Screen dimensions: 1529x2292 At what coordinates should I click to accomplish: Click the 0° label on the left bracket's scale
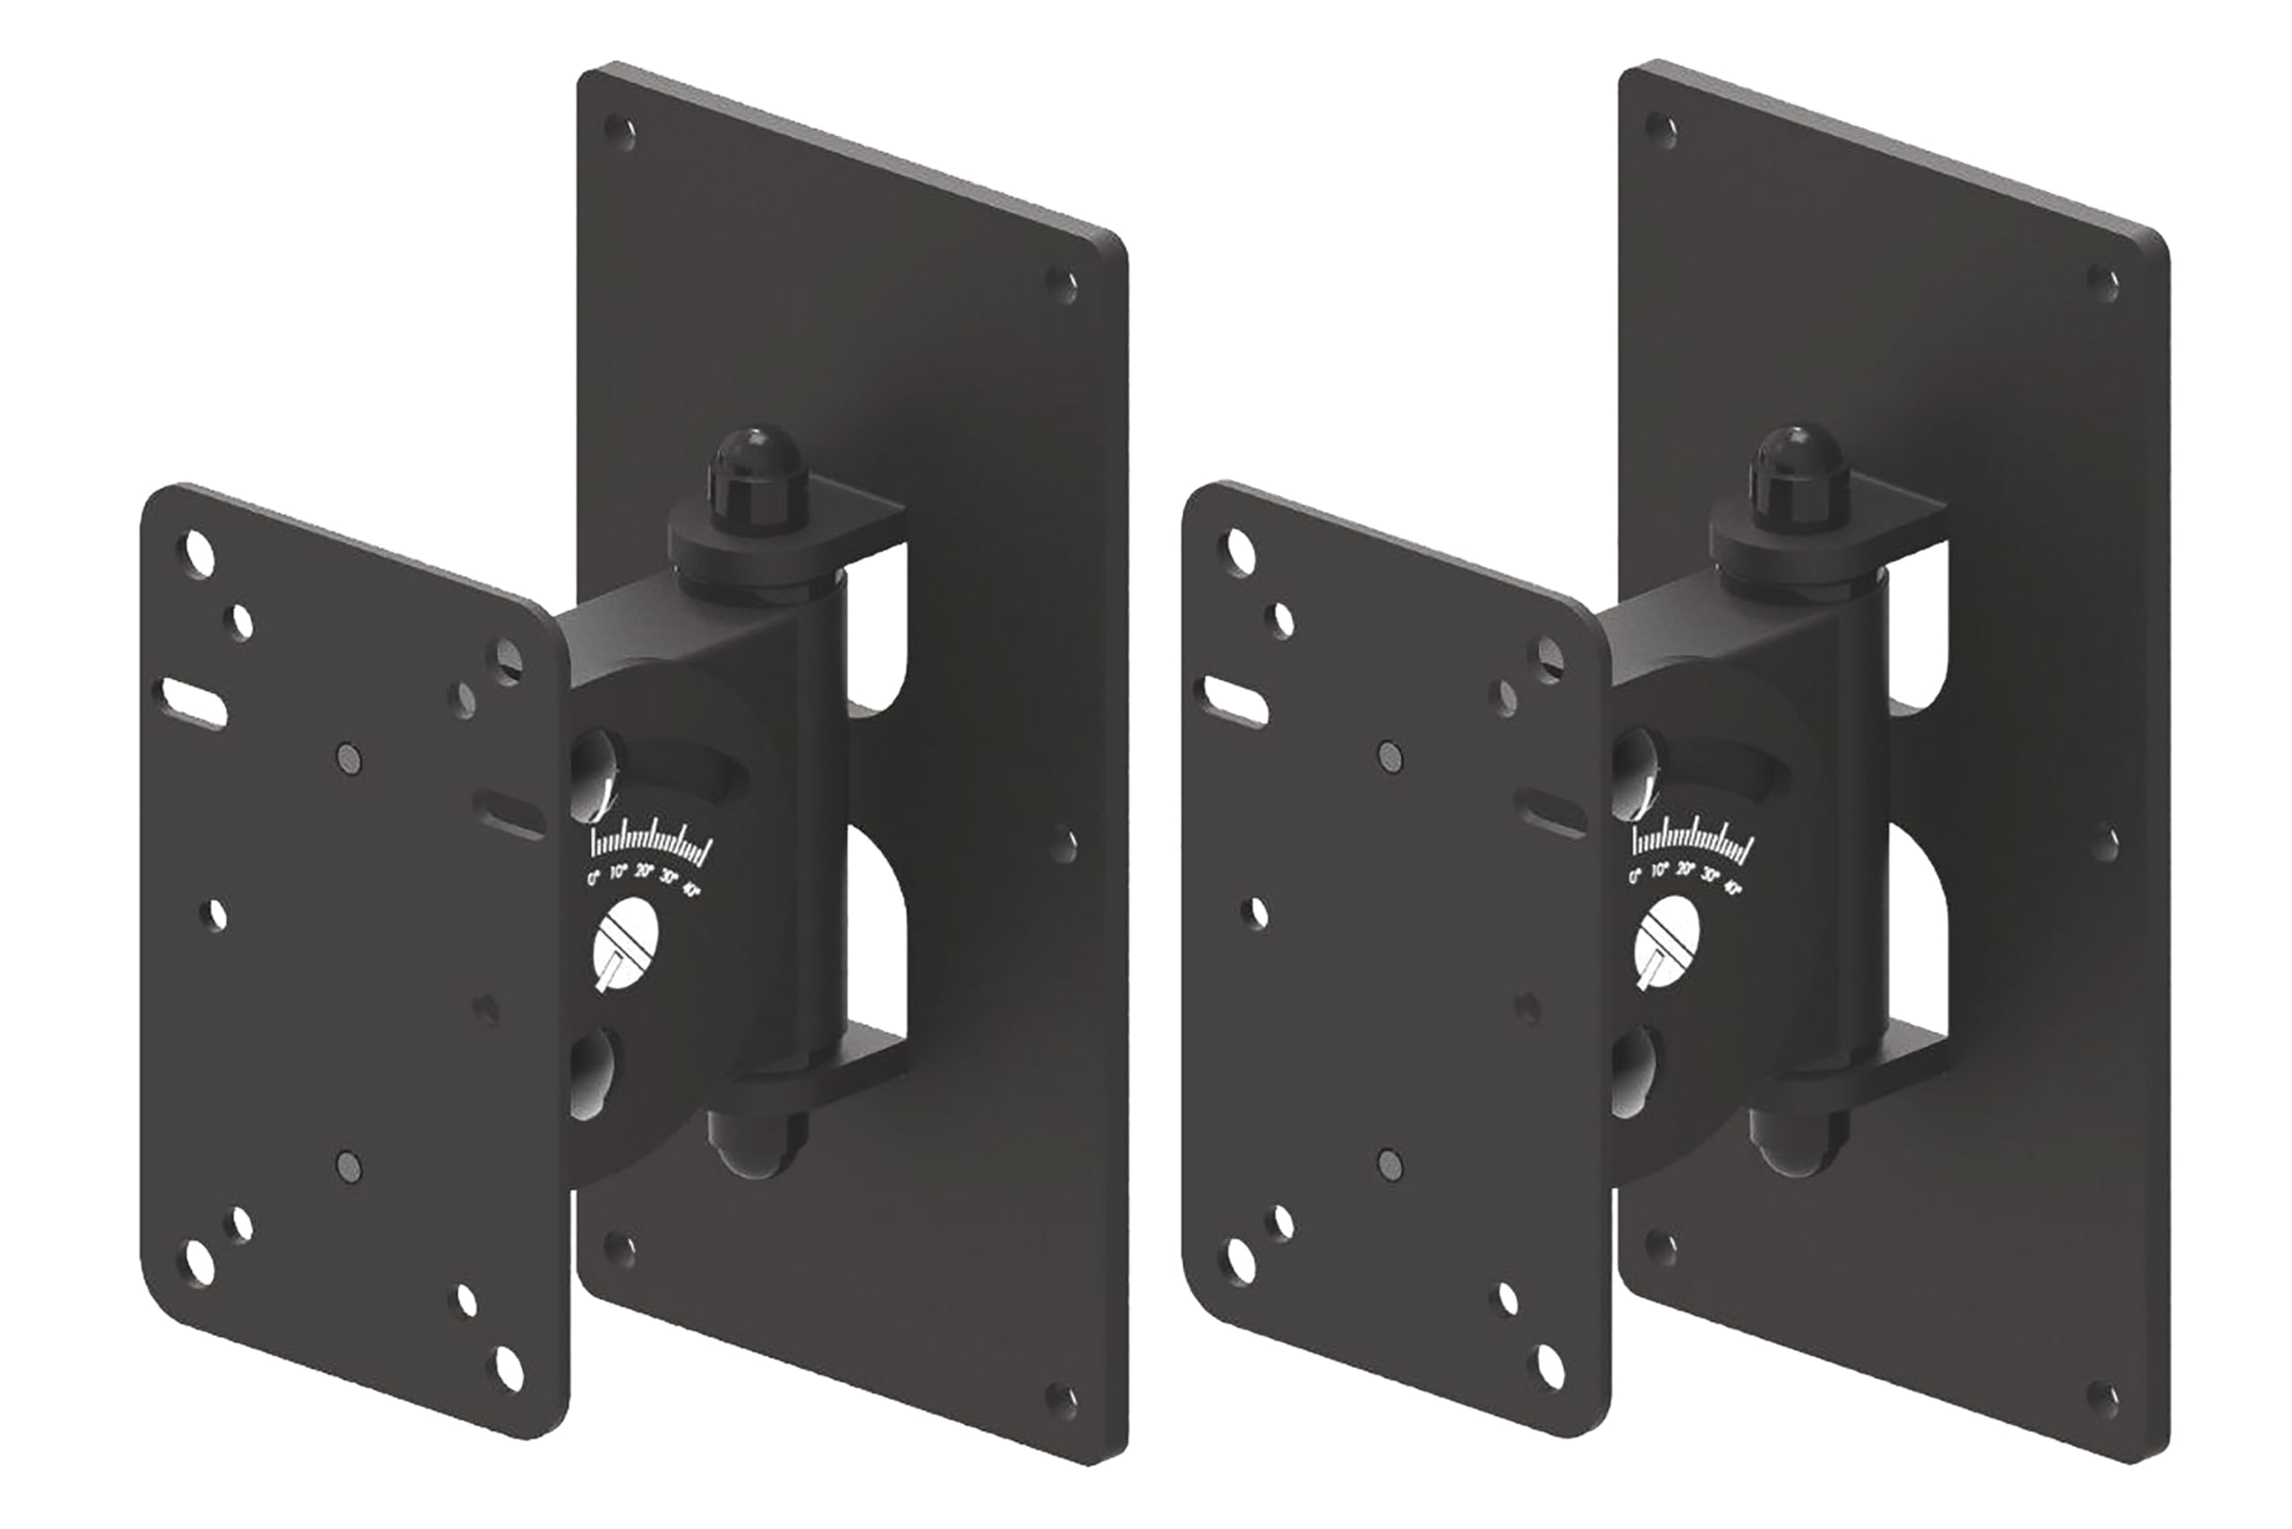pos(593,877)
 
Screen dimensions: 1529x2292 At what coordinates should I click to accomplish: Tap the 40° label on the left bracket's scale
pos(691,889)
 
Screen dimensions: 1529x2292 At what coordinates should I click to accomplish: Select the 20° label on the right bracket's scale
pos(1685,870)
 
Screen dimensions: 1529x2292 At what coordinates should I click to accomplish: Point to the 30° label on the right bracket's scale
pos(1710,876)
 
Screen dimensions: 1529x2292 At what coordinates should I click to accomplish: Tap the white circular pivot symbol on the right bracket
pos(1667,944)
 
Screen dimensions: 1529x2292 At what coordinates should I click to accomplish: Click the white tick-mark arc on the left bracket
pos(652,848)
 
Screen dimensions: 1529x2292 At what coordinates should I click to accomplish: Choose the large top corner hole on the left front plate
pos(199,552)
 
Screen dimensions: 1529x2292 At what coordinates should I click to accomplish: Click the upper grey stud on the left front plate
pos(347,756)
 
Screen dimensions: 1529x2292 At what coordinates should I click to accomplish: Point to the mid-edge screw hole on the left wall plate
pos(1063,843)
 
